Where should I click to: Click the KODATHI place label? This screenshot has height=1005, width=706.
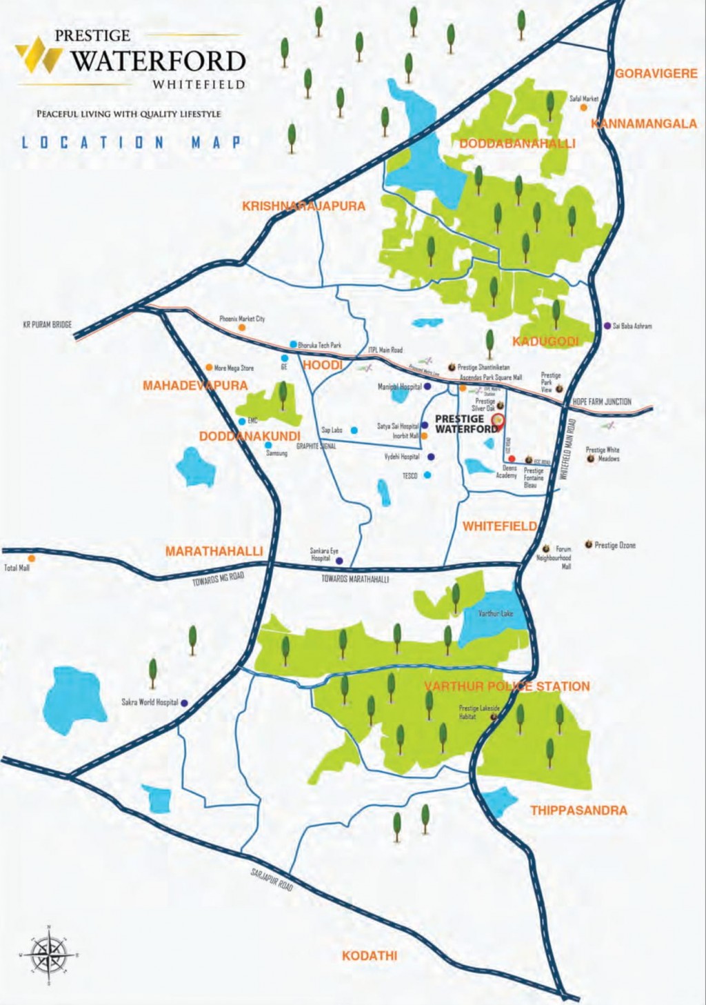coord(370,956)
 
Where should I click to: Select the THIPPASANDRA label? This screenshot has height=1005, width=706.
coord(578,810)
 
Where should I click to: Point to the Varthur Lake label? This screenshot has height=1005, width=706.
coord(496,613)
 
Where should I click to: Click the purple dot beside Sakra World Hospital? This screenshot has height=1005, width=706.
coord(184,703)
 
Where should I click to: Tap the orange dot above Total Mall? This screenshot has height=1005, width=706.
coord(31,558)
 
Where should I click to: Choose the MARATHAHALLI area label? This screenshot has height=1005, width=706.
coord(214,551)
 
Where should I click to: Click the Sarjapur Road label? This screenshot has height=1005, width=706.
coord(272,880)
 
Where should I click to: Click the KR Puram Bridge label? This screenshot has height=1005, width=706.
coord(47,324)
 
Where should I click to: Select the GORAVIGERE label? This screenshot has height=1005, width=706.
coord(656,73)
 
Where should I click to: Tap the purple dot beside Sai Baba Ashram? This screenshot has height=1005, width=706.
coord(607,326)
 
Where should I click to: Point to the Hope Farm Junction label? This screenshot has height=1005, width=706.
coord(602,401)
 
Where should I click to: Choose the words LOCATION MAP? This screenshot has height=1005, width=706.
coord(131,143)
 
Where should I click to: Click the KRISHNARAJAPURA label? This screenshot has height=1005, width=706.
coord(303,206)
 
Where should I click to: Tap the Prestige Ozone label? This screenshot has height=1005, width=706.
coord(615,546)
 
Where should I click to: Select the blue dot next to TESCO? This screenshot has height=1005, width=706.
coord(428,475)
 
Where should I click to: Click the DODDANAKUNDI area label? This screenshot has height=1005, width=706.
coord(250,437)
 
